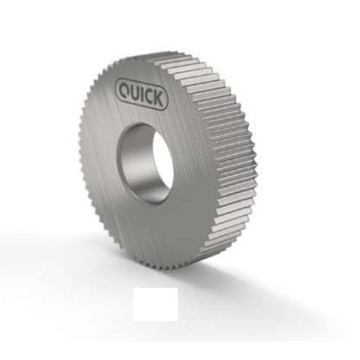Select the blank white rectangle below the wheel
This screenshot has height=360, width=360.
point(155,304)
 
